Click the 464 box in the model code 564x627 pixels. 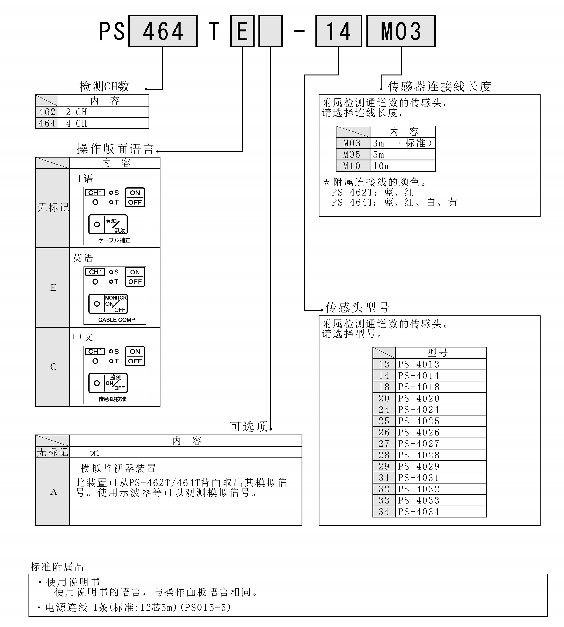163,31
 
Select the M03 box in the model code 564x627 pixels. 401,31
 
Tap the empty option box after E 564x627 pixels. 271,31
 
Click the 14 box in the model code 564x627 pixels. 339,31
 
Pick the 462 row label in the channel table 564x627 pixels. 47,112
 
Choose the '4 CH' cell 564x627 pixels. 103,123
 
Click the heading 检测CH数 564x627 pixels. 104,87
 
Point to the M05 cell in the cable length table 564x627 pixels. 353,155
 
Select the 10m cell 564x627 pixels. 402,166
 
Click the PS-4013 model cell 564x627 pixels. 441,364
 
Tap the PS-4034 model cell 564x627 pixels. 441,512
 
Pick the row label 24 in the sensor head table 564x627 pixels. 384,410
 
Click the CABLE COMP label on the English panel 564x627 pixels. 117,320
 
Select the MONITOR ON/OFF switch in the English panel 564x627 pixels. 108,304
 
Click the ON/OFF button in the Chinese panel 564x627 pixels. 135,356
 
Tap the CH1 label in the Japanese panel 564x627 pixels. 95,193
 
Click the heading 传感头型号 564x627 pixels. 357,307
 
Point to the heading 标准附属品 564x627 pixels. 57,567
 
